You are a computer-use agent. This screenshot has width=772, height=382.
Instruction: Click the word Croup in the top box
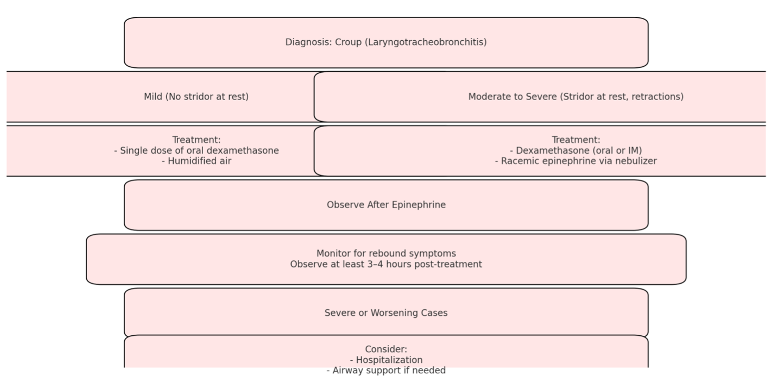tap(349, 42)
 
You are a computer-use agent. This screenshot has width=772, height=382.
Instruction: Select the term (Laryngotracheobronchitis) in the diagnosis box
tap(426, 42)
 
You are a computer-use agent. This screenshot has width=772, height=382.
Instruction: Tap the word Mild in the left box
tap(153, 96)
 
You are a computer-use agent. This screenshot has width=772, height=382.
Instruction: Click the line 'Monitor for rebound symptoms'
tap(386, 253)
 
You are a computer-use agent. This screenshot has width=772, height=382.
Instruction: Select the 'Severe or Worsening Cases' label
tap(386, 312)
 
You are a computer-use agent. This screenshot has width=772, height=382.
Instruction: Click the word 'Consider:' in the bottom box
tap(386, 349)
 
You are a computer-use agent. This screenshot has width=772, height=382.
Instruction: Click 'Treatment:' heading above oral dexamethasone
tap(197, 140)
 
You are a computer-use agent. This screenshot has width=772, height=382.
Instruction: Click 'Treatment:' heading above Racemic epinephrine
tap(576, 140)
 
